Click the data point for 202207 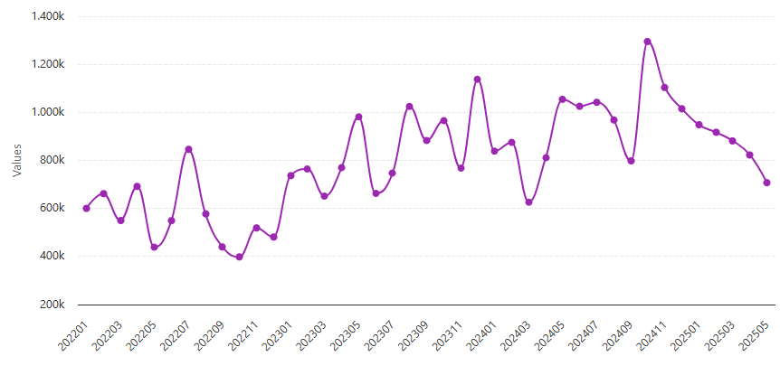(188, 149)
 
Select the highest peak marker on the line (648, 42)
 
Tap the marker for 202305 (358, 117)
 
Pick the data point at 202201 (86, 208)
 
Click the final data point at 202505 (766, 183)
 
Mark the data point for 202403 (528, 202)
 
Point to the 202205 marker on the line (154, 247)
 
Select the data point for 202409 (631, 161)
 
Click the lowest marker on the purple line (239, 257)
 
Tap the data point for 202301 (290, 175)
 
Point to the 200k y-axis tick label (51, 305)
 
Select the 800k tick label (51, 161)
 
